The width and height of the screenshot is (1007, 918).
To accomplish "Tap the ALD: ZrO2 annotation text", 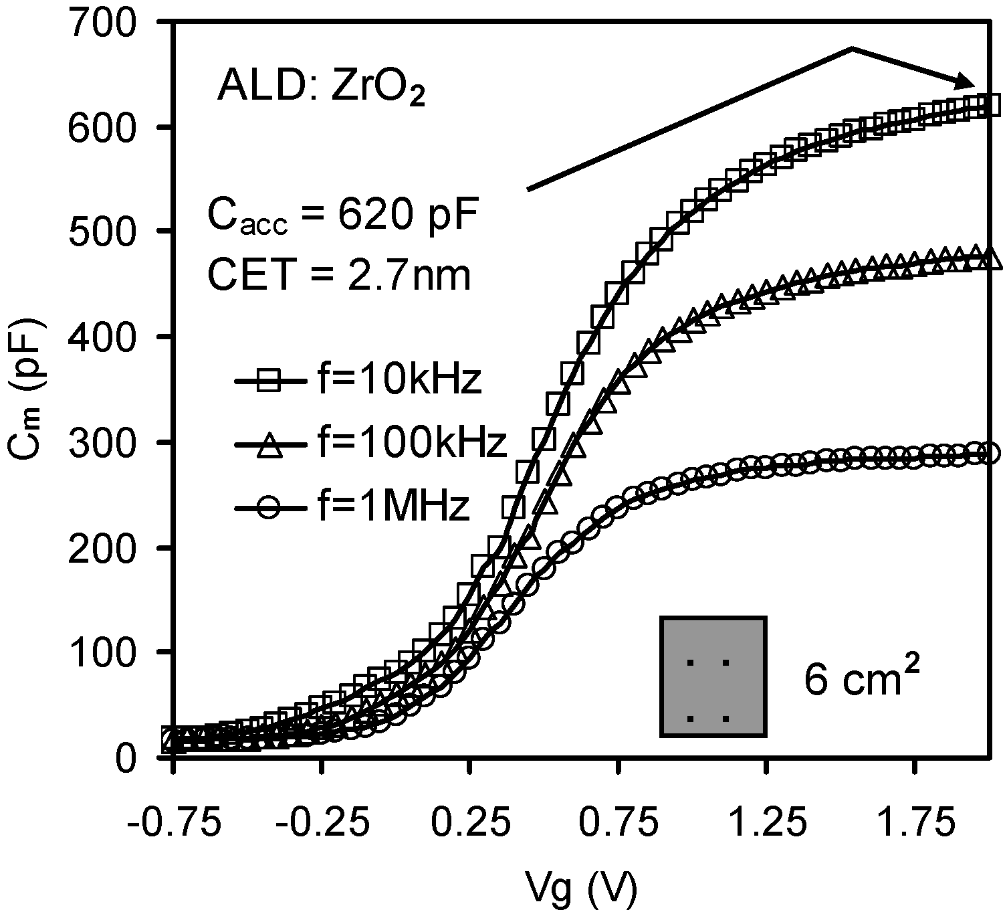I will [321, 89].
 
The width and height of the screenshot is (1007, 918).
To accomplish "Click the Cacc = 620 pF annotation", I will [343, 215].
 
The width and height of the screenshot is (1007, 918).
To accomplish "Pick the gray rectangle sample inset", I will [713, 676].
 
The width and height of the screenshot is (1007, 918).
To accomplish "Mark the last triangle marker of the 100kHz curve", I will [992, 260].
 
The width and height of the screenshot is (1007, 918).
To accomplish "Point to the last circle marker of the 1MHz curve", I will [992, 453].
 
